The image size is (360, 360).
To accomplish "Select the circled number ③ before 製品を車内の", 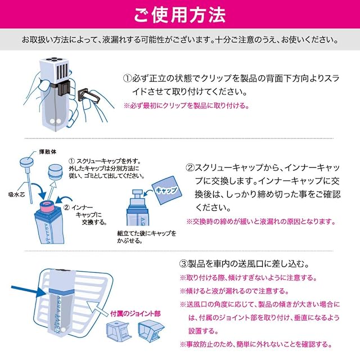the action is pyautogui.click(x=183, y=263).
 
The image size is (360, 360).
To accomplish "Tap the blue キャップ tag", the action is pyautogui.click(x=166, y=190).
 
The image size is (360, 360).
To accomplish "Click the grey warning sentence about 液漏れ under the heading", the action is pyautogui.click(x=179, y=40).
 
